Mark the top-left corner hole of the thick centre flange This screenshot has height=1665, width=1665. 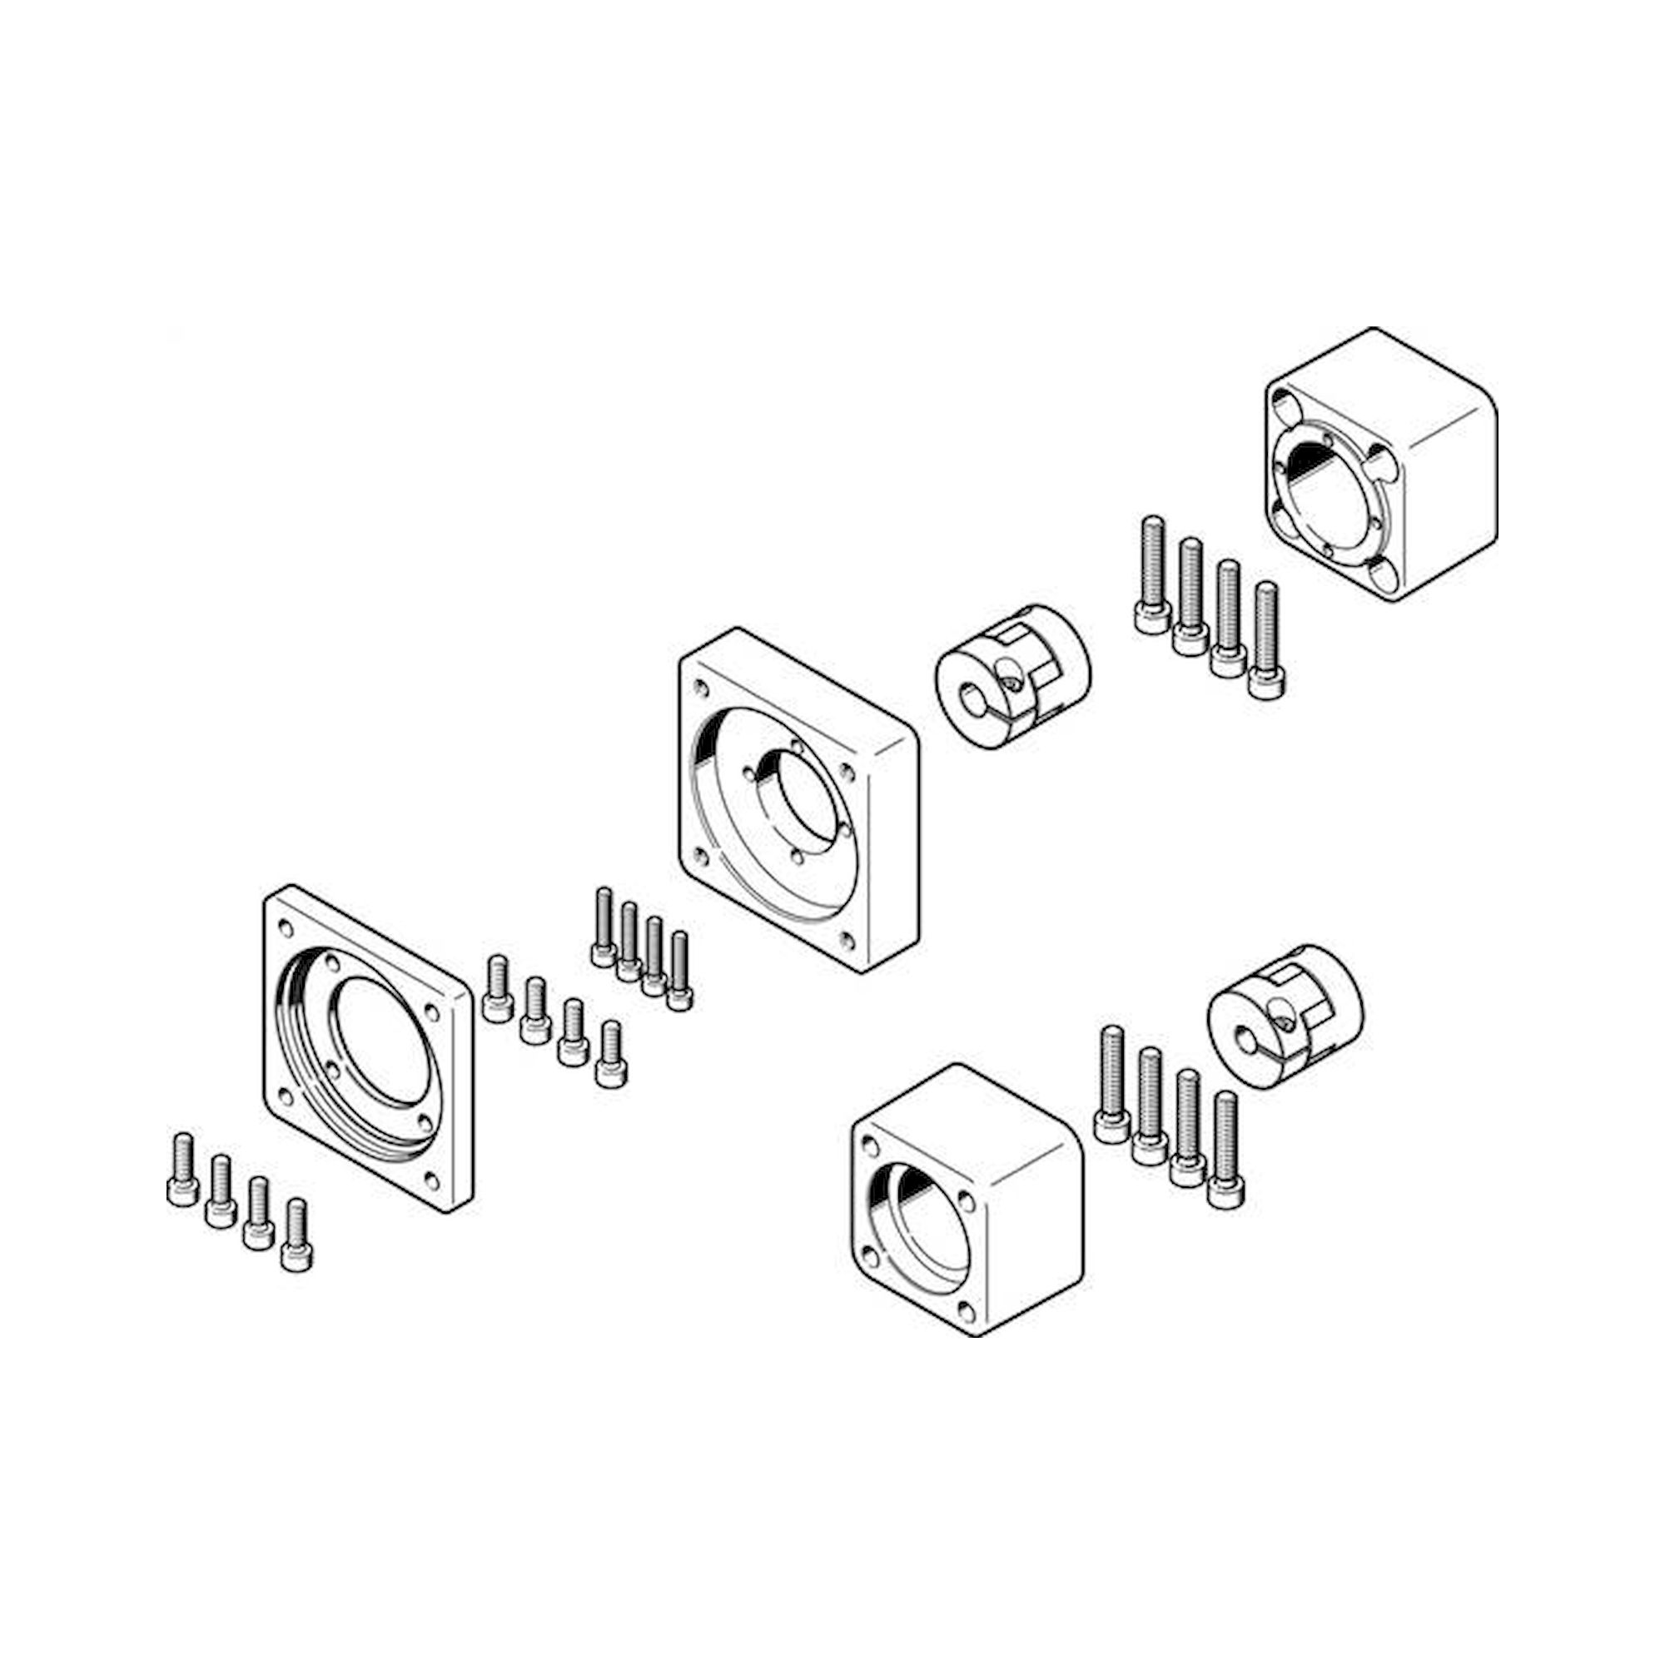[702, 688]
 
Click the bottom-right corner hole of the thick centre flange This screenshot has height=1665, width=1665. [849, 940]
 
